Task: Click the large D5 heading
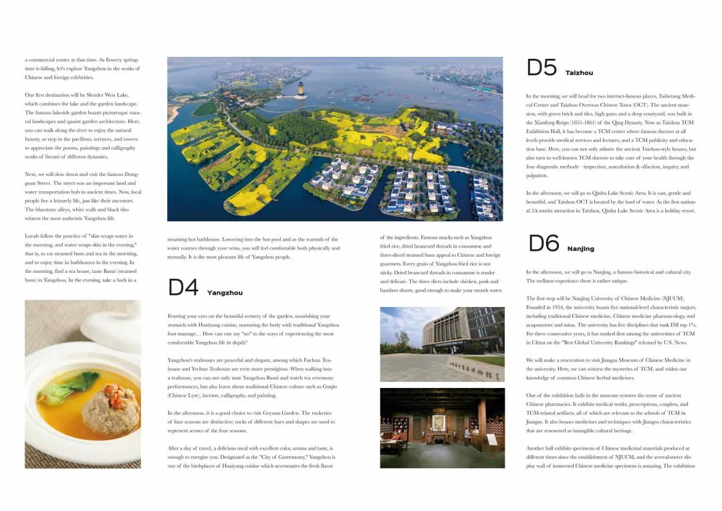541,68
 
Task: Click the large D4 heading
183,288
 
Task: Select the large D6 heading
543,244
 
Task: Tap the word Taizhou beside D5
579,72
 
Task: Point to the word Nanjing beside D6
580,249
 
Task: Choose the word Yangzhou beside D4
225,293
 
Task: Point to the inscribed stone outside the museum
475,369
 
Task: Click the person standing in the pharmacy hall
467,436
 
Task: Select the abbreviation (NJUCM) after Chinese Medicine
669,298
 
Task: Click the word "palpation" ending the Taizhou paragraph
537,176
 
